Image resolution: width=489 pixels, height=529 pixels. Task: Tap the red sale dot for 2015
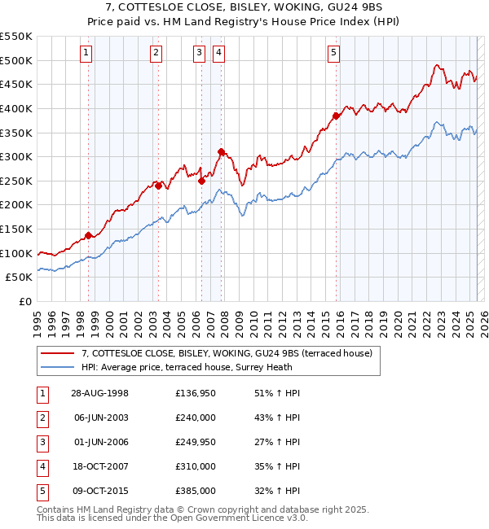pos(336,116)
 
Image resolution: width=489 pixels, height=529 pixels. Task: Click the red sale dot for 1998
pos(89,235)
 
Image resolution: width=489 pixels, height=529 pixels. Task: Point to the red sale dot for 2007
pos(221,151)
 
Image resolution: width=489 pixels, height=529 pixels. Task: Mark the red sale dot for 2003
pos(158,186)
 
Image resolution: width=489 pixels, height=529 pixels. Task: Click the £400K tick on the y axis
pos(16,108)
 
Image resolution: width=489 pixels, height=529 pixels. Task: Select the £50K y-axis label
pos(20,278)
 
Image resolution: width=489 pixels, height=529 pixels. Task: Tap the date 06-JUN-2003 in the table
pos(100,418)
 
